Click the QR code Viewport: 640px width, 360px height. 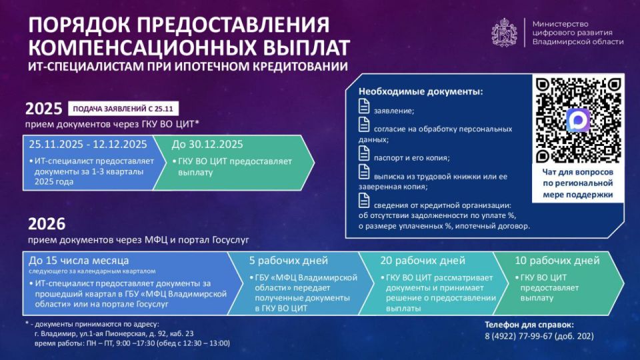coord(577,121)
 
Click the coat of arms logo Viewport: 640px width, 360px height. coord(505,32)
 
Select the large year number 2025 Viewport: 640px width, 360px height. coord(44,109)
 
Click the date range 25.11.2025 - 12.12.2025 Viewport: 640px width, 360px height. coord(87,144)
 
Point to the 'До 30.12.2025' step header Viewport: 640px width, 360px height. coord(207,144)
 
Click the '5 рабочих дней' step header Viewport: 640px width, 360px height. coord(287,260)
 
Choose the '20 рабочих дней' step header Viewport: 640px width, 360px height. coord(423,260)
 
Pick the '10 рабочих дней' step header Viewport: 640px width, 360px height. coord(557,260)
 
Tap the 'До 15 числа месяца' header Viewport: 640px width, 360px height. coord(79,260)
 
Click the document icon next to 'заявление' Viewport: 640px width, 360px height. coord(364,106)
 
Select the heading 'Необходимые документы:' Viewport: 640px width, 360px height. coord(421,91)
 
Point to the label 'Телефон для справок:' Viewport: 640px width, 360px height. coord(527,323)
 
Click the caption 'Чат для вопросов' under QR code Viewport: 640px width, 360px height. coord(577,172)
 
